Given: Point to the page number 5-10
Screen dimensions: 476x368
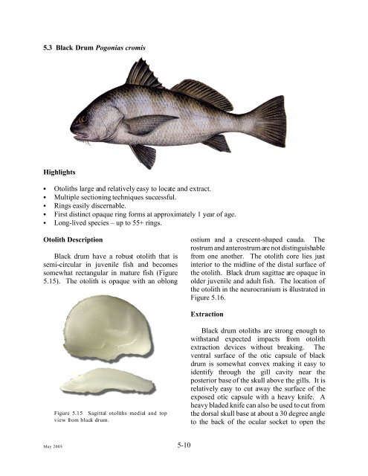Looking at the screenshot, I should click(x=184, y=447).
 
